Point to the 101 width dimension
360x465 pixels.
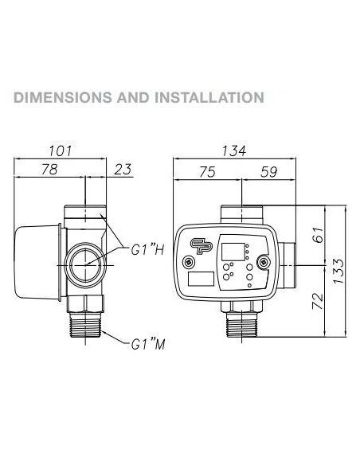point(62,150)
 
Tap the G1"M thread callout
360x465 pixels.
point(148,346)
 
